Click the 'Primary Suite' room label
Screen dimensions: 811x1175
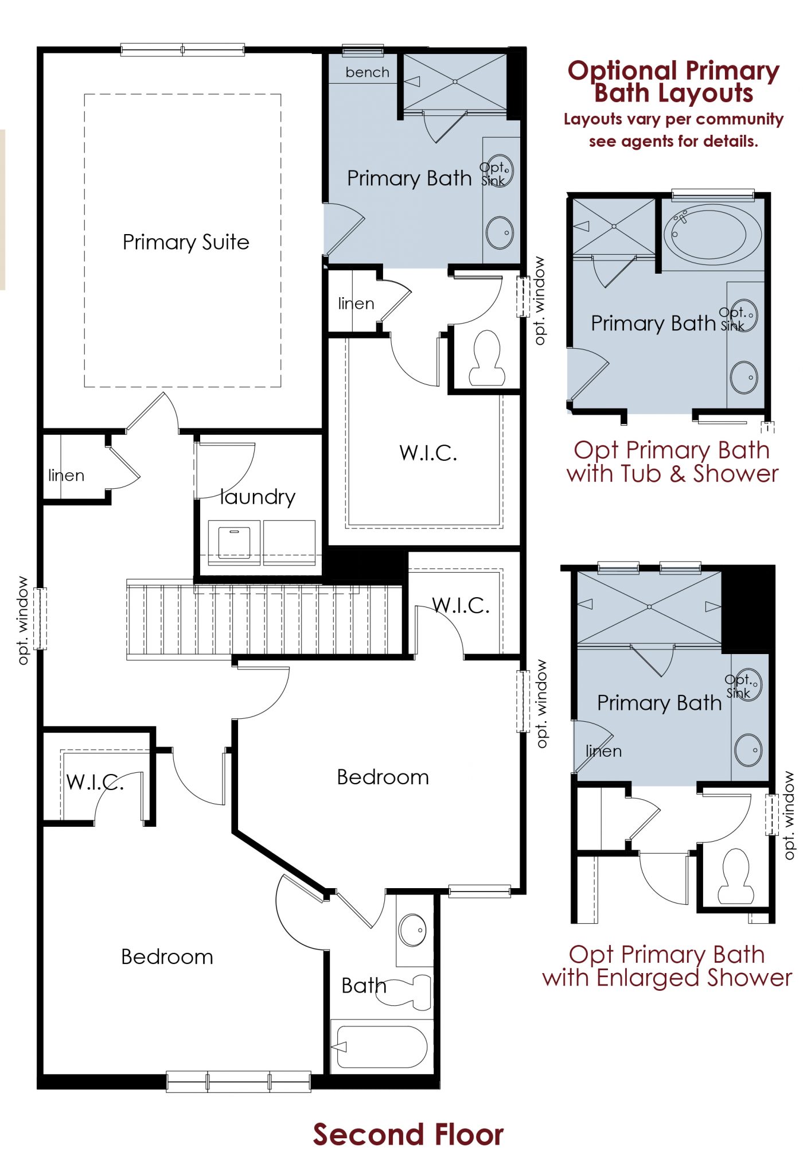click(186, 242)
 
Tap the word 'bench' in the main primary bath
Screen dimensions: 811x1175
click(367, 72)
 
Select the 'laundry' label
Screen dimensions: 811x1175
click(258, 497)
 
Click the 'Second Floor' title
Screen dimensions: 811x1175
click(408, 1134)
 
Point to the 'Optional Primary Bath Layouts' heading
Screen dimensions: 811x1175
click(673, 81)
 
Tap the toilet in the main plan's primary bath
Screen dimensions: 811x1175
click(487, 359)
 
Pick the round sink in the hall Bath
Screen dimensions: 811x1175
click(412, 930)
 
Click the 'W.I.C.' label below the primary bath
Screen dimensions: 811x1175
click(428, 453)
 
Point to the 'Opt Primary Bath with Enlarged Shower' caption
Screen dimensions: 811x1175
click(667, 966)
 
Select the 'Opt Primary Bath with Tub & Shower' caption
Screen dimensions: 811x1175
click(672, 462)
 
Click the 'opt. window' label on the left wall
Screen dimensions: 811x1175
click(23, 621)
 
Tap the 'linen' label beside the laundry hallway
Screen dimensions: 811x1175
click(66, 475)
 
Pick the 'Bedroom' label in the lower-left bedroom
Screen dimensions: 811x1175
click(167, 957)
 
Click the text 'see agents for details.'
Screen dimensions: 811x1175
click(673, 141)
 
